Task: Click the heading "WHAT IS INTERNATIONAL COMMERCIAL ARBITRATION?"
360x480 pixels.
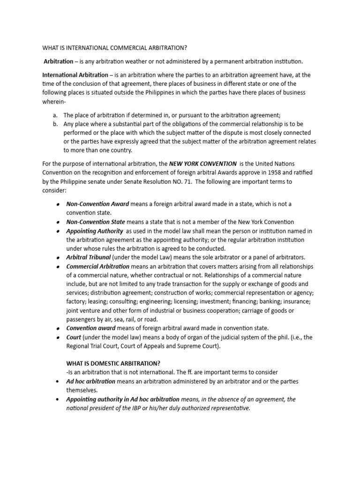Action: pos(114,48)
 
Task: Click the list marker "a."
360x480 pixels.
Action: pos(55,115)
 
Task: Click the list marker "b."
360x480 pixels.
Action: pos(55,124)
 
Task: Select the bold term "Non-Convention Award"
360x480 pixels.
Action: pos(97,204)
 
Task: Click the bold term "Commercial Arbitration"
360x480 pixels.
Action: pos(97,266)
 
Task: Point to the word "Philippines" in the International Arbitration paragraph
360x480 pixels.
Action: pos(161,93)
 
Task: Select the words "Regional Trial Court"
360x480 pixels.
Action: pos(92,346)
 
